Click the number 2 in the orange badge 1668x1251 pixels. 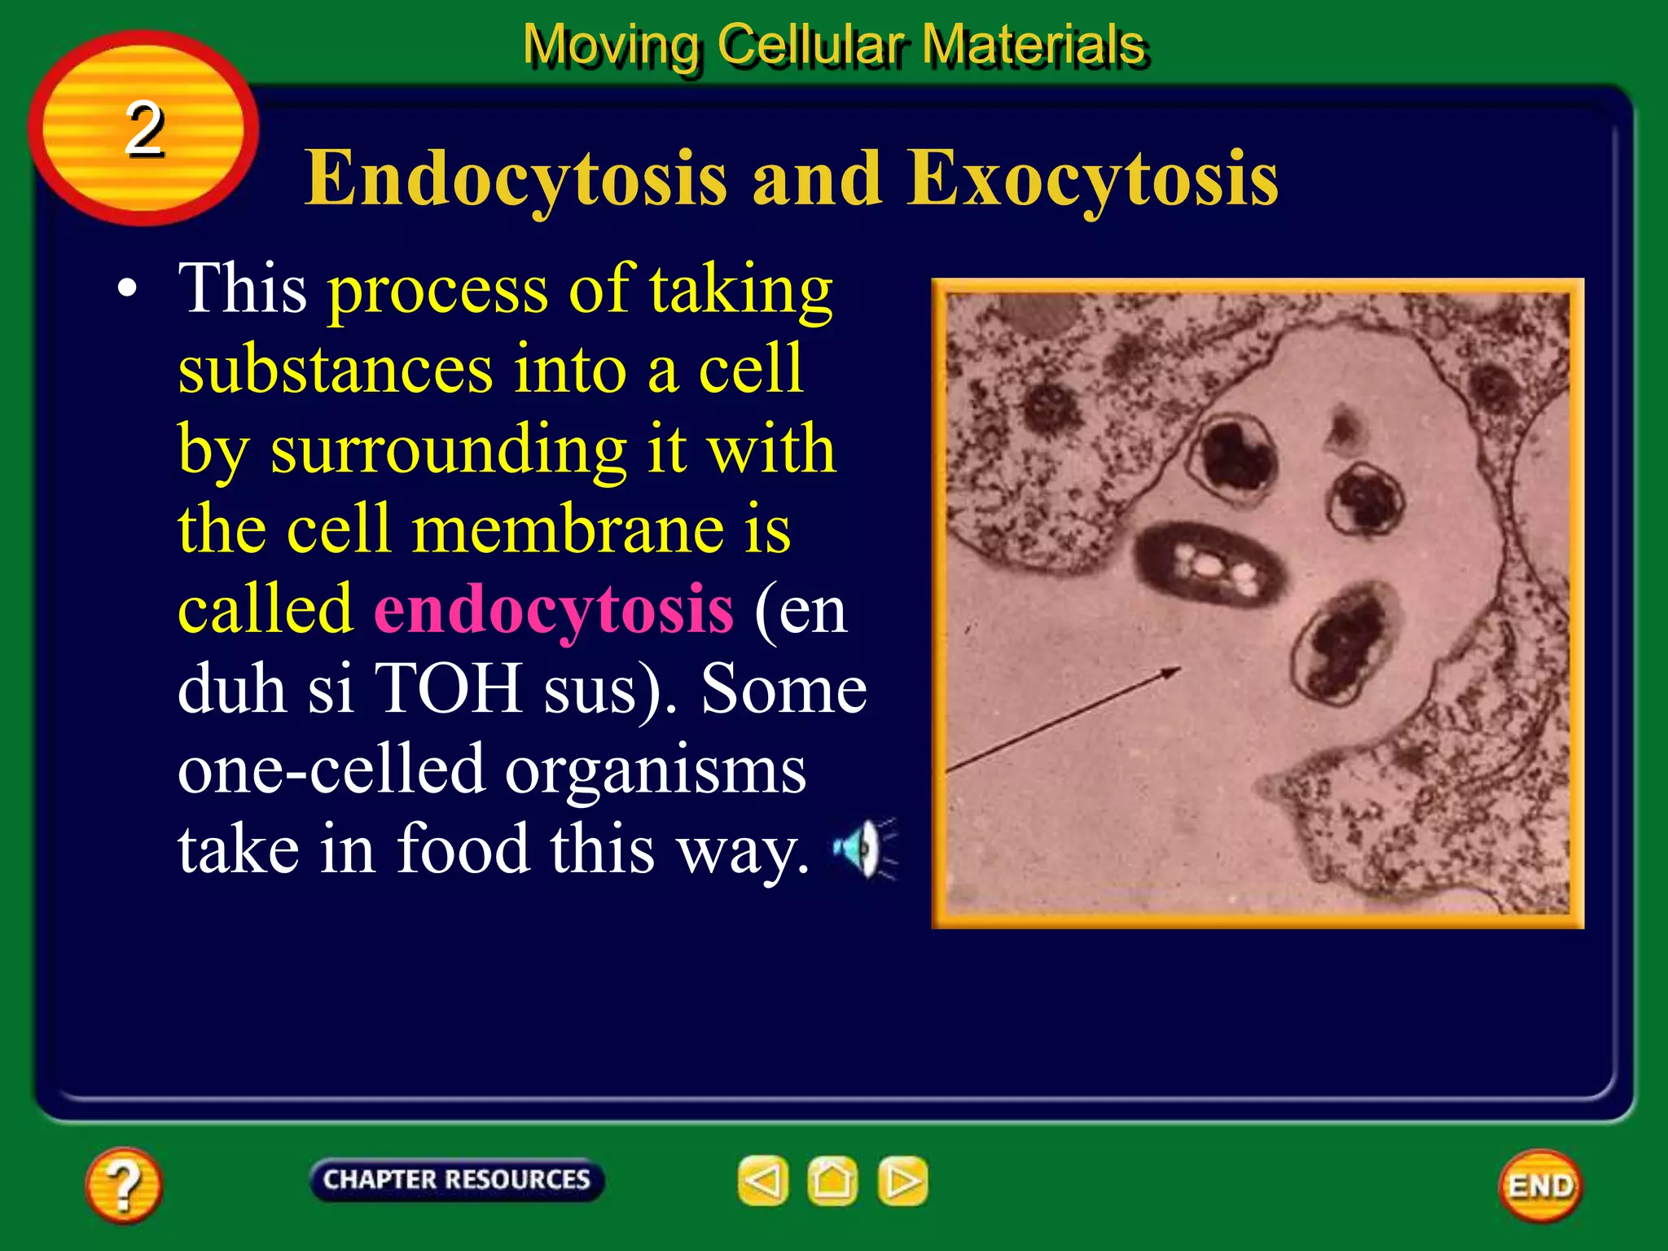(x=144, y=129)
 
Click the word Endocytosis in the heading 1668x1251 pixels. (x=515, y=178)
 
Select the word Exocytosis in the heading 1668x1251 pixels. (x=1092, y=178)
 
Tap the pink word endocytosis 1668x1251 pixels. (x=554, y=610)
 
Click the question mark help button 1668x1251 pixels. (x=123, y=1185)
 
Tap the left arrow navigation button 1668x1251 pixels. (x=762, y=1180)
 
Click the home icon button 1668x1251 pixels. (x=832, y=1180)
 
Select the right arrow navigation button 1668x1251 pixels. (x=902, y=1180)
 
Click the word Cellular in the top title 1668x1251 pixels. (x=810, y=44)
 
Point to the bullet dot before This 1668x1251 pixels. (x=126, y=289)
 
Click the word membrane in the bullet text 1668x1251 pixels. (x=568, y=530)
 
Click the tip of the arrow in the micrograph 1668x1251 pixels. (x=1179, y=669)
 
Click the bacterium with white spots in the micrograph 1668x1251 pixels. (x=1209, y=564)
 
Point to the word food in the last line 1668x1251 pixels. (x=463, y=849)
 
